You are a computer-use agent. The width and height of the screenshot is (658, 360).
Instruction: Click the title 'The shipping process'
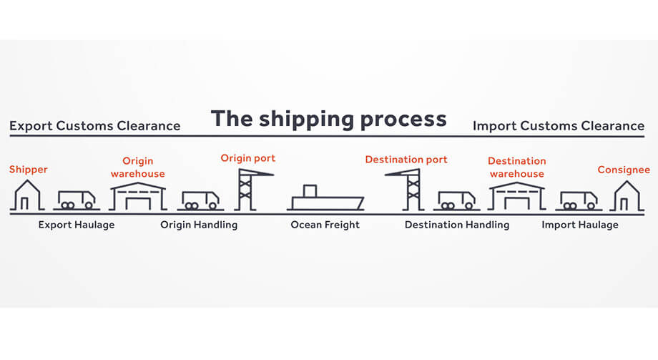click(328, 118)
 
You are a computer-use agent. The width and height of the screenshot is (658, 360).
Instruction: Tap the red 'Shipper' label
click(27, 170)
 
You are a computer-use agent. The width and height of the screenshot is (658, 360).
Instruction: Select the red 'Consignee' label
click(624, 170)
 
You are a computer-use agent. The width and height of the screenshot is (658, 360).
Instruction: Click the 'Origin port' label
click(247, 158)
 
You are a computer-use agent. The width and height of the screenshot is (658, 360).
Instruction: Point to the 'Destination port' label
click(406, 160)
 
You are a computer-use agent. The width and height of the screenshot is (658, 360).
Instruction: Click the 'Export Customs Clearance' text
click(94, 127)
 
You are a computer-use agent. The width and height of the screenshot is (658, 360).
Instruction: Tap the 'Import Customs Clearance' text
click(559, 127)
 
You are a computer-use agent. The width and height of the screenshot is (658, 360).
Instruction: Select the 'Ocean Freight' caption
click(325, 225)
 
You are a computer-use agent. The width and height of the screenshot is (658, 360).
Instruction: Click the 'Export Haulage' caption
click(76, 225)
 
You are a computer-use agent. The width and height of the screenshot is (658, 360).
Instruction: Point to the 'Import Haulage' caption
click(580, 225)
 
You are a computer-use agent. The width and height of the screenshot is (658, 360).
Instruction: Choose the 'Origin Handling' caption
click(199, 225)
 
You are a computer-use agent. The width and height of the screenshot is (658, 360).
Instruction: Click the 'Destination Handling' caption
click(457, 225)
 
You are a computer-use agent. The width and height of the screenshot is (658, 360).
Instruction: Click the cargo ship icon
click(325, 198)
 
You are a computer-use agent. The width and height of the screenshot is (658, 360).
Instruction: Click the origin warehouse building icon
click(137, 195)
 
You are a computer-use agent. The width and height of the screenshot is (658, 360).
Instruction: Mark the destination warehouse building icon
click(516, 195)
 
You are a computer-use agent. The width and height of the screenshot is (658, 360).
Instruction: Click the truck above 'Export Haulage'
click(76, 200)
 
